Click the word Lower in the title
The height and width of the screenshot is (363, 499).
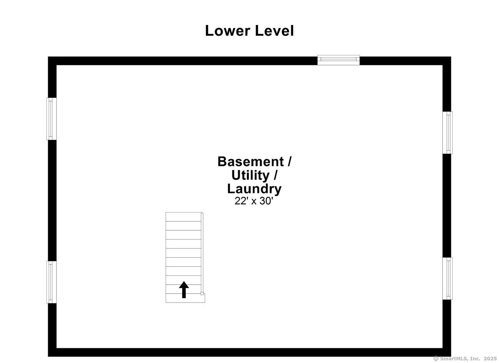coord(227,31)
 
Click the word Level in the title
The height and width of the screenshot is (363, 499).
coord(274,31)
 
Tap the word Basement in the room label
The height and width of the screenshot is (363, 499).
coord(251,161)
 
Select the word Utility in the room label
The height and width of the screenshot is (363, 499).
coord(250,175)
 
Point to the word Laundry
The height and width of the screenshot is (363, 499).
coord(254,189)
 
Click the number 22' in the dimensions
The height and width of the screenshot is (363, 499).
coord(241,201)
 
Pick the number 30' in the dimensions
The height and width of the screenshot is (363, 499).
coord(266,201)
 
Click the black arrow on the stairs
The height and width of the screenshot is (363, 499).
coord(184,290)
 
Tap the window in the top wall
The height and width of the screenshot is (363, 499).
coord(338,60)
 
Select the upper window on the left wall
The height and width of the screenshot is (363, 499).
coord(51,119)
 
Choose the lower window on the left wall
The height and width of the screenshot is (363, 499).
coord(51,282)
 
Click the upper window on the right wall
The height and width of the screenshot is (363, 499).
coord(448,133)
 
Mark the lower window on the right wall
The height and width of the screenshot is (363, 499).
coord(448,278)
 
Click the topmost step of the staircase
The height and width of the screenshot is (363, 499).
coord(183,217)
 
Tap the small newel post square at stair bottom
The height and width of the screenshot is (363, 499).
coord(202,294)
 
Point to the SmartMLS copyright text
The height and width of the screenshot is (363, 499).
coord(465,358)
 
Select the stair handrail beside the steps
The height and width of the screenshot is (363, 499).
coord(202,253)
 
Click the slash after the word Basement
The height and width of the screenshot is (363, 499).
coord(289,161)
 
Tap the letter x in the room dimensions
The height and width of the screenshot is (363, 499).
coord(254,202)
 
